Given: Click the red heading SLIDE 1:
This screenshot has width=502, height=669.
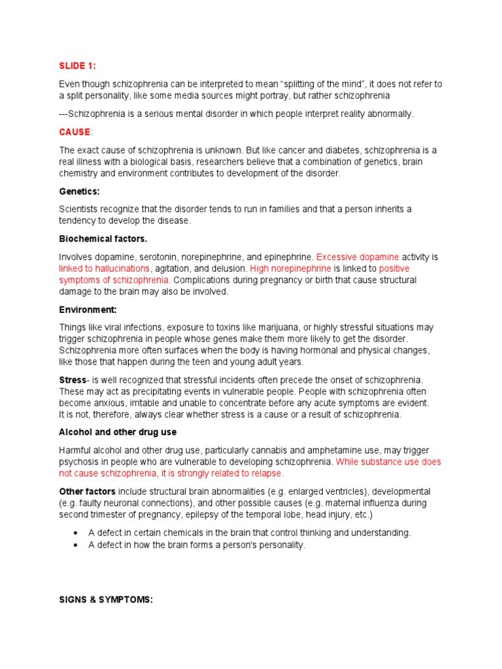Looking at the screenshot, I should point(77,66).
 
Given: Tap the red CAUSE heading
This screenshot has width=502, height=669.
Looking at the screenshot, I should point(75,132).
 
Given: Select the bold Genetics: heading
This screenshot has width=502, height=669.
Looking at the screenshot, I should point(80,191).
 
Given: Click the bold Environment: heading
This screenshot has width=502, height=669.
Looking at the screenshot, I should point(88,309).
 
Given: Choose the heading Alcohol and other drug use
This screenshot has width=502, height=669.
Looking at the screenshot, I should point(118,432).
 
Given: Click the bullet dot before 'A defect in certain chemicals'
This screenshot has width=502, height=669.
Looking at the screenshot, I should point(77,533).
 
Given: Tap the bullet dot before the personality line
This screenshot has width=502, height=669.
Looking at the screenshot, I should point(77,545).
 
